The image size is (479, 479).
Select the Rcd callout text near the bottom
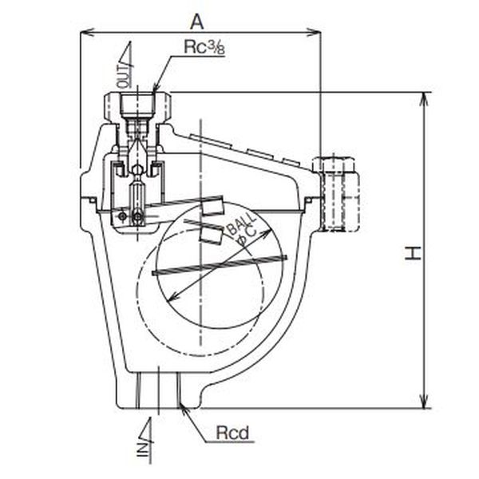[233, 434]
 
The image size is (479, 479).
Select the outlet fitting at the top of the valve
[138, 104]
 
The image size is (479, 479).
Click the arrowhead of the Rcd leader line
[186, 409]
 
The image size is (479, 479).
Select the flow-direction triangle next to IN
[147, 428]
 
